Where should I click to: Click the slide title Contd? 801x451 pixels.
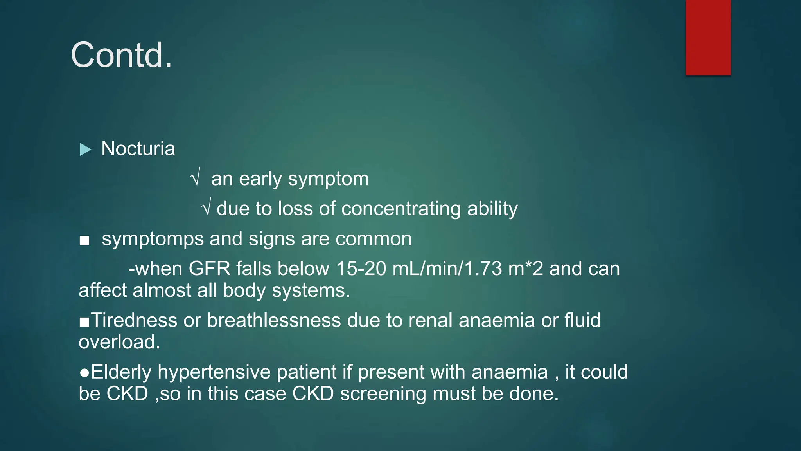(x=121, y=55)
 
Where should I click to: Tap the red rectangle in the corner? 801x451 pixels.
(x=708, y=37)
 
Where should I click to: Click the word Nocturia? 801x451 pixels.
(x=138, y=149)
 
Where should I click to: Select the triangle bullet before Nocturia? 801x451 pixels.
(x=85, y=149)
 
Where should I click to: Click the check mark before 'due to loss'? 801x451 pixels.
(x=207, y=206)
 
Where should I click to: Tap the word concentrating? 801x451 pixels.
(x=401, y=209)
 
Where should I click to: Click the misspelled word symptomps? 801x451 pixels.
(x=153, y=239)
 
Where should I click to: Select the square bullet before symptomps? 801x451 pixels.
(x=84, y=240)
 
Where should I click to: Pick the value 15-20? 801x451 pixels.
(x=361, y=269)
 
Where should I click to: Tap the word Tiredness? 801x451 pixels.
(x=134, y=320)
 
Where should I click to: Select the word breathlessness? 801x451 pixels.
(x=274, y=320)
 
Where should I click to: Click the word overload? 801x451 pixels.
(x=119, y=342)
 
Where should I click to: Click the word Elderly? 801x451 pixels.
(x=121, y=372)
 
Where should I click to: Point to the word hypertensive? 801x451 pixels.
(x=214, y=372)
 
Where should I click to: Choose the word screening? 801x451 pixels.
(x=383, y=394)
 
